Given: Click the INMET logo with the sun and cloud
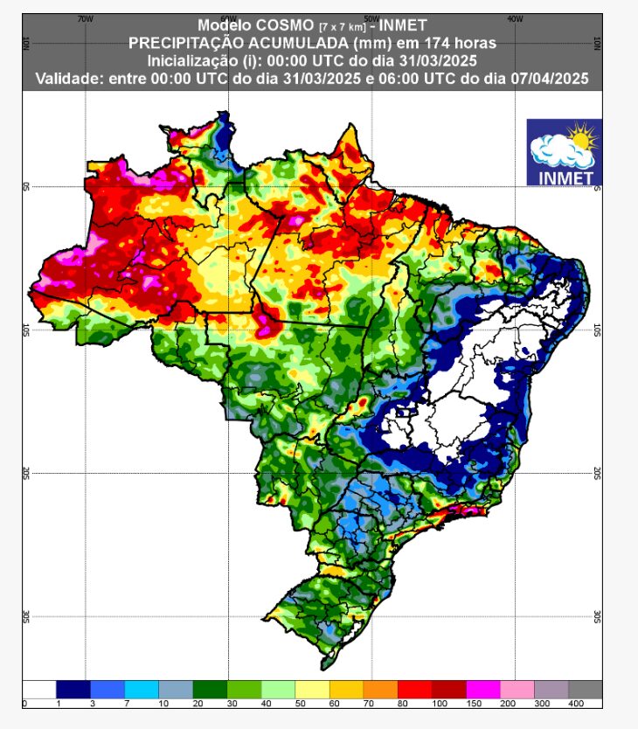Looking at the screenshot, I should coord(564,152).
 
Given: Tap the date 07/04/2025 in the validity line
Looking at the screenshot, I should coord(550,78).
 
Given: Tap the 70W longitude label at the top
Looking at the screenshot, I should coord(84,18).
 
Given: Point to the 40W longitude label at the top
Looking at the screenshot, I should coord(514,18).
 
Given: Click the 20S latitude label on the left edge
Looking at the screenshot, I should coord(26,473).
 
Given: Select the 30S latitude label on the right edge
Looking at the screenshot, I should coord(598,616).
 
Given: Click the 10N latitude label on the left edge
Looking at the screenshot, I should coord(26,43).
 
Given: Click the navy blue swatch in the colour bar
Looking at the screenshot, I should coord(73,689).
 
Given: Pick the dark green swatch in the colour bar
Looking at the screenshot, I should coord(209,689).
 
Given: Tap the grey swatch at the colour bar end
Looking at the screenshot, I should coord(585,689).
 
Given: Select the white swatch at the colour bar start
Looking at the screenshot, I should coord(38,689).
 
